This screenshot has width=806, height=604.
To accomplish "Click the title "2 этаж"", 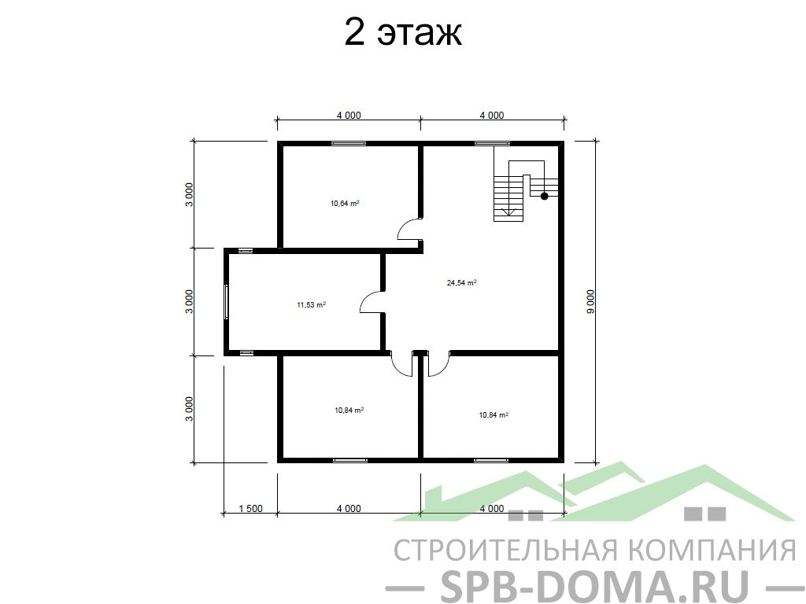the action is (402, 32).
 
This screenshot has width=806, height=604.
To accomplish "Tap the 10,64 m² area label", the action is (345, 204).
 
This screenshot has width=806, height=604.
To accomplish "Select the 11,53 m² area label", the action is (311, 305).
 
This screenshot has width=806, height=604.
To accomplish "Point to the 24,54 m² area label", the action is (461, 282).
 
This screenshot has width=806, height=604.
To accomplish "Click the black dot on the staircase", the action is (545, 196).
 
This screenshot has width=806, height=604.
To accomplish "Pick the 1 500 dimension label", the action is (251, 509).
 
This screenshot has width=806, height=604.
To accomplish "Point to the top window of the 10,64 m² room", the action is (349, 143).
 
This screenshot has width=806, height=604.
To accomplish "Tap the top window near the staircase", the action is (493, 143).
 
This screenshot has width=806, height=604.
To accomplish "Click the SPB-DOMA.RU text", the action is (595, 585).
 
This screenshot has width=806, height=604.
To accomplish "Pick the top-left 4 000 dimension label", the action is (349, 115).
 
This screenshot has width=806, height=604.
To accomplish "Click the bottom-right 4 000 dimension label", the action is (492, 509).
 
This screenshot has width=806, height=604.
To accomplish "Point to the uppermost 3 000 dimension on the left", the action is (190, 194).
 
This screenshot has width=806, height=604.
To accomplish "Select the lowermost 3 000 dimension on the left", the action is (190, 409).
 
